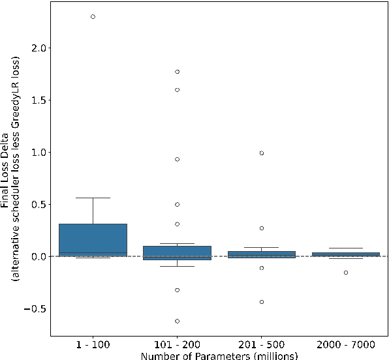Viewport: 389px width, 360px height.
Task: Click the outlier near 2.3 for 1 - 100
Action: [93, 16]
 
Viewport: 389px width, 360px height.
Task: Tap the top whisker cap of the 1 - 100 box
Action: [93, 198]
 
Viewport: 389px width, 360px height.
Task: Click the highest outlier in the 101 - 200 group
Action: [177, 72]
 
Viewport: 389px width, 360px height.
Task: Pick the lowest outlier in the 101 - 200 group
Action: [177, 321]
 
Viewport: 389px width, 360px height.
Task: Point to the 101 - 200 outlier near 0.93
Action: [177, 159]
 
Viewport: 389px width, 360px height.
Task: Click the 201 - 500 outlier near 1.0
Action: [261, 153]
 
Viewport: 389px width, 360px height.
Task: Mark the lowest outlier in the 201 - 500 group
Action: [261, 302]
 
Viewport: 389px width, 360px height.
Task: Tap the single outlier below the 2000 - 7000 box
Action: [345, 272]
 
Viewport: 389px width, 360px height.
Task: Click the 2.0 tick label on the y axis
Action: [42, 48]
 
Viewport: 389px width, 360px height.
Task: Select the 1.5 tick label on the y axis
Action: [42, 100]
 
